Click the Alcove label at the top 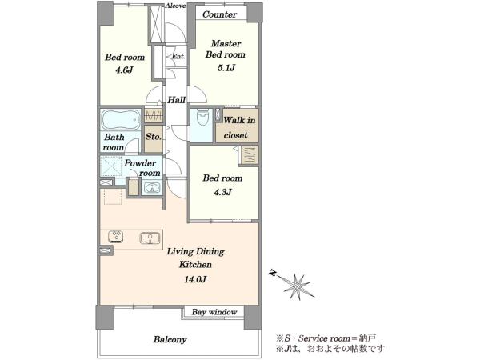click(175, 6)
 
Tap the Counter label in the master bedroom click(219, 14)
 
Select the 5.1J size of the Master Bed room click(226, 68)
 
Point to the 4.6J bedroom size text click(124, 70)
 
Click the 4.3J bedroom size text click(222, 192)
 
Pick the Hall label click(176, 100)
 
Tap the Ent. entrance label click(178, 56)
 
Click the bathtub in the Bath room click(121, 120)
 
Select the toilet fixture click(202, 118)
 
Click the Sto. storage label click(154, 137)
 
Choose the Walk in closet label click(238, 128)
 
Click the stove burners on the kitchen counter click(116, 236)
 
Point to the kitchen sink click(150, 238)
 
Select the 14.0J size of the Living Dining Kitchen click(195, 279)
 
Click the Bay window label click(214, 312)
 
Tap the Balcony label click(170, 339)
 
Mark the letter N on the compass click(272, 273)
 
